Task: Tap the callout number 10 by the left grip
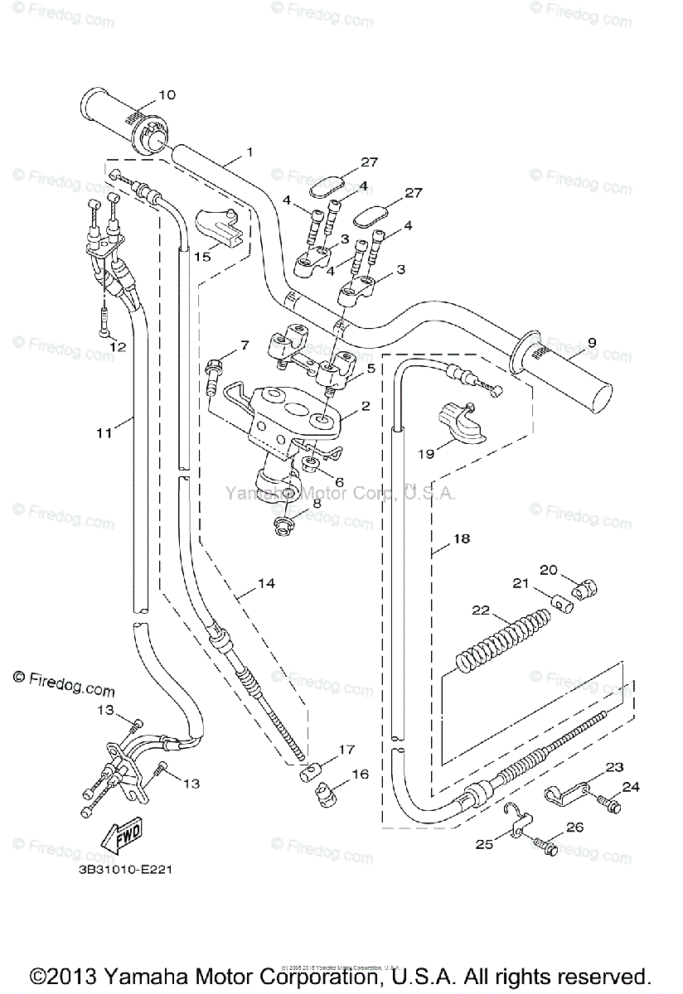click(x=167, y=94)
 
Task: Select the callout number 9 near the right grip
click(x=591, y=341)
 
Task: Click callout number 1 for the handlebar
click(x=225, y=152)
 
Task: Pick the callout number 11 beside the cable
click(x=103, y=432)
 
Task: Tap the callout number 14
click(x=265, y=583)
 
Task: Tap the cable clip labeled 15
click(x=219, y=228)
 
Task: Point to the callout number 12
click(x=117, y=346)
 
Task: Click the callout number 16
click(x=360, y=774)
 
